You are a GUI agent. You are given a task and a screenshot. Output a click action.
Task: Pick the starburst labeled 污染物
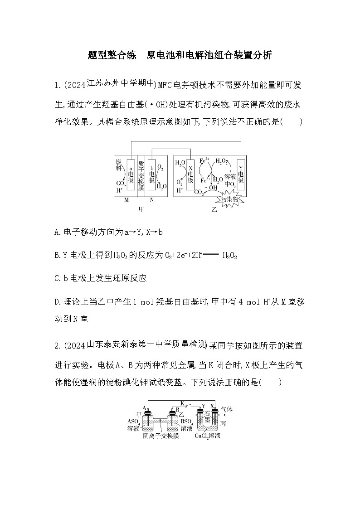[x=229, y=199]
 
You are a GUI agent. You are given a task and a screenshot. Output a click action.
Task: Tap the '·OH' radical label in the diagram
[x=212, y=187]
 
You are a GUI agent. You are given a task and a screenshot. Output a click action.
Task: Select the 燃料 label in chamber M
[x=119, y=165]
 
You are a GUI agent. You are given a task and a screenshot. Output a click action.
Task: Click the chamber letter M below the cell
[x=126, y=200]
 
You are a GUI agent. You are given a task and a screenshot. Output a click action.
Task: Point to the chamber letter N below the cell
[x=151, y=200]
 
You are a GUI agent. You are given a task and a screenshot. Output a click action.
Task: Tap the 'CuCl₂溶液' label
[x=208, y=436]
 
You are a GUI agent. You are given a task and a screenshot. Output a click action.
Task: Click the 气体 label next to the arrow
[x=227, y=409]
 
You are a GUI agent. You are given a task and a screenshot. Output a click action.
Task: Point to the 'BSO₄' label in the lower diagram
[x=187, y=422]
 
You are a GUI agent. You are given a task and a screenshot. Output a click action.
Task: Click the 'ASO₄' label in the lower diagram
[x=134, y=422]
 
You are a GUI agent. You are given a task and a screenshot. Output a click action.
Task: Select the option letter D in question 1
[x=56, y=301]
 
